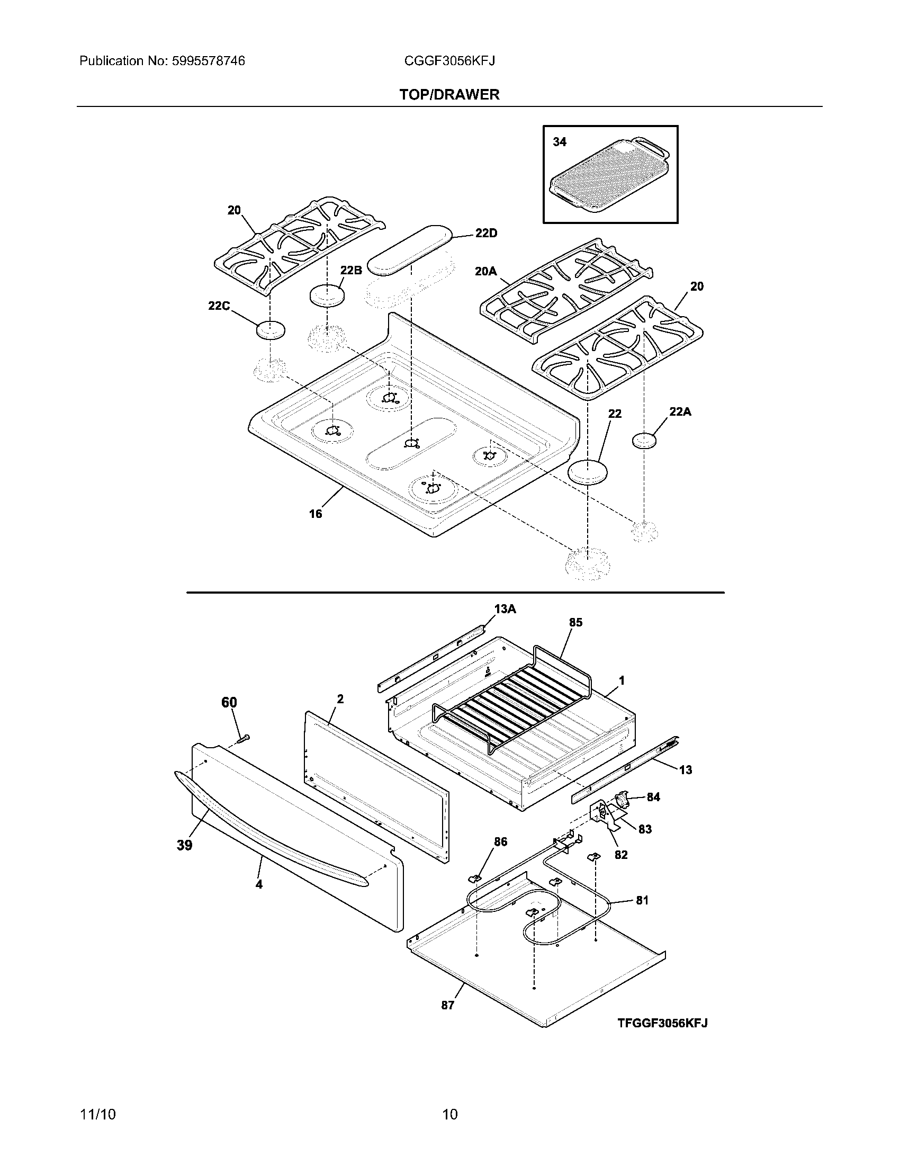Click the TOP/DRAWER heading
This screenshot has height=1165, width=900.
[449, 95]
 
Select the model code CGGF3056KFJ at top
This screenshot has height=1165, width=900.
[449, 61]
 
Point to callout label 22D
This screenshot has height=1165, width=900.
[485, 234]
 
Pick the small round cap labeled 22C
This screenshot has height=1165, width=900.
[271, 330]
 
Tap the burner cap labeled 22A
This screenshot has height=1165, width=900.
[644, 442]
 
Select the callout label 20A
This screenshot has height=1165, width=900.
[485, 272]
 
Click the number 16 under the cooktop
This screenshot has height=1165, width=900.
[316, 514]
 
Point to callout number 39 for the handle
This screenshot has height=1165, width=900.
[184, 845]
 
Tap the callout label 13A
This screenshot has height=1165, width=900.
[505, 608]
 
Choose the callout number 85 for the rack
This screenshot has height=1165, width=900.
[575, 623]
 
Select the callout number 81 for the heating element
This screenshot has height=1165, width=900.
[642, 900]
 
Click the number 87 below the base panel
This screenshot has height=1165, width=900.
[447, 1005]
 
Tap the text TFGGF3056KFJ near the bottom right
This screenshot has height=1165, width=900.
[662, 1023]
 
